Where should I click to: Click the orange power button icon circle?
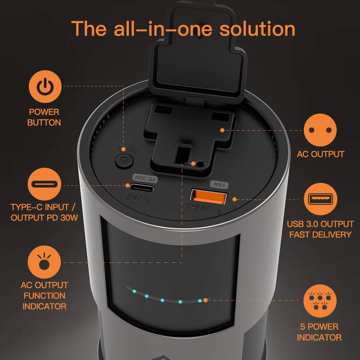click(45, 86)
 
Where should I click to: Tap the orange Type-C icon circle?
click(45, 184)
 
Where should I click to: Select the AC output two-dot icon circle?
click(320, 130)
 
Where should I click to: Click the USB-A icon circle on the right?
click(320, 199)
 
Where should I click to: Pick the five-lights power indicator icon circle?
click(320, 301)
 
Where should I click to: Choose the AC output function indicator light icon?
click(44, 262)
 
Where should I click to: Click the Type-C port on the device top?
click(141, 188)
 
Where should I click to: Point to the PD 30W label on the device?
click(145, 178)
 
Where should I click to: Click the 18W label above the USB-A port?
click(219, 184)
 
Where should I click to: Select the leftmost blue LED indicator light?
click(134, 291)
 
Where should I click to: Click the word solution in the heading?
click(257, 29)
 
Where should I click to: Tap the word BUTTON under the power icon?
click(44, 123)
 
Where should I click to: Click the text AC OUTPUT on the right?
click(320, 154)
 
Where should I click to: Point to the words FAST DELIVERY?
click(320, 235)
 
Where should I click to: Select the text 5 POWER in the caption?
click(319, 327)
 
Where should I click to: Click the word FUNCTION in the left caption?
click(44, 296)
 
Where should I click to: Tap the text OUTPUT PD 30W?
click(44, 218)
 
